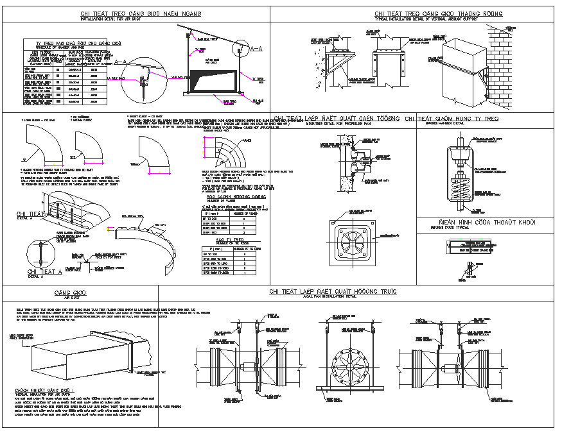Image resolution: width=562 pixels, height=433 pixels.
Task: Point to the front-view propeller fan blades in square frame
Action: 351,244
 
